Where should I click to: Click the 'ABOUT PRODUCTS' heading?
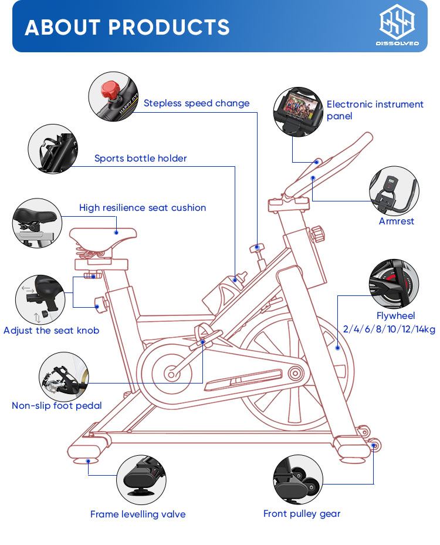(127, 27)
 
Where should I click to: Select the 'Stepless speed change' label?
(197, 103)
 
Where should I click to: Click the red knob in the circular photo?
(110, 90)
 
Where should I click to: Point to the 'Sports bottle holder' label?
(141, 159)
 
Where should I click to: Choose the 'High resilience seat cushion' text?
(143, 208)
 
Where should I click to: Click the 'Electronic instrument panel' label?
(375, 110)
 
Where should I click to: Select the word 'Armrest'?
(396, 221)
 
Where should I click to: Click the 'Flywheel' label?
(395, 315)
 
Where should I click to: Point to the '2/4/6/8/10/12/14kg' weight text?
(389, 329)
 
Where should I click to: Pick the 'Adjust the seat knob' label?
(52, 331)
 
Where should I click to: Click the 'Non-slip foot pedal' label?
(57, 406)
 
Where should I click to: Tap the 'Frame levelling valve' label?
(138, 514)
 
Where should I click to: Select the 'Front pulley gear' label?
(302, 514)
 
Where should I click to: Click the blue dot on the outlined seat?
(116, 232)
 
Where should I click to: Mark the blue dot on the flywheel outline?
(337, 348)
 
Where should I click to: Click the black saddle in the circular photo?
(35, 216)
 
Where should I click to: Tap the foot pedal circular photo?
(64, 376)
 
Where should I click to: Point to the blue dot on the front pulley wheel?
(373, 445)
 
